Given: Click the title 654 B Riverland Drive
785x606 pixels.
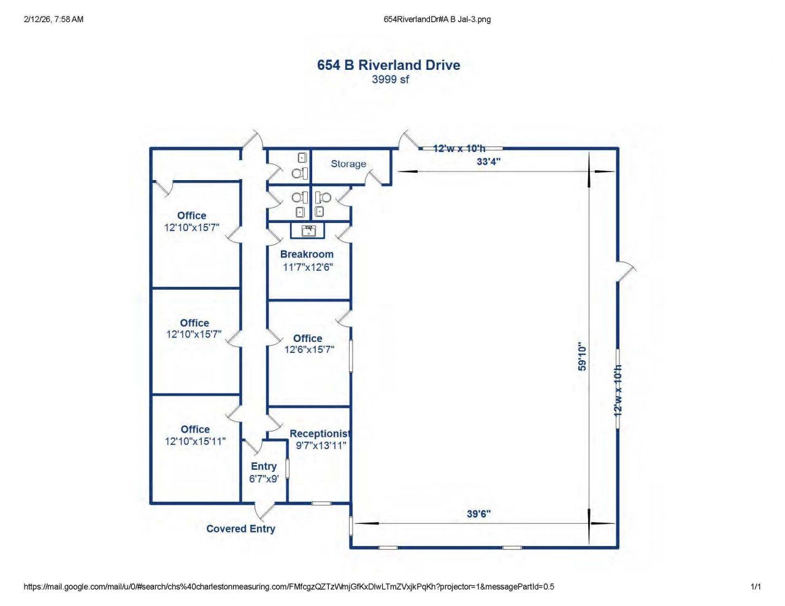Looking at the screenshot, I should click(x=388, y=65).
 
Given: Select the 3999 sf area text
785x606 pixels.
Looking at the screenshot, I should click(x=390, y=80).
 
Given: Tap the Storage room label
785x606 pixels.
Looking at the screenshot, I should click(x=348, y=164).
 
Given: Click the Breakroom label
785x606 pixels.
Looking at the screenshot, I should click(x=307, y=254).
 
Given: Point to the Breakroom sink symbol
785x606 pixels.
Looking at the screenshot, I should click(x=308, y=230).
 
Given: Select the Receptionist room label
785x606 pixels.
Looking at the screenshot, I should click(x=320, y=434).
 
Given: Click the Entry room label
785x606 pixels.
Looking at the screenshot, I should click(x=264, y=466).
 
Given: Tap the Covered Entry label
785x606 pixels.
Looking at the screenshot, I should click(x=240, y=529).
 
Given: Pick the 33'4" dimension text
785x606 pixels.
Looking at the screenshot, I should click(x=488, y=162).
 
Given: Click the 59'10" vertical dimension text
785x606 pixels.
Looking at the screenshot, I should click(x=583, y=357).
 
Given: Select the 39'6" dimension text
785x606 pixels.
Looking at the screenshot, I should click(x=478, y=514).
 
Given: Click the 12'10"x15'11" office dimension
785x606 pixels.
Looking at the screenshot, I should click(x=195, y=441).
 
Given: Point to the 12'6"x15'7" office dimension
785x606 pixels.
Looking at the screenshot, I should click(x=309, y=350).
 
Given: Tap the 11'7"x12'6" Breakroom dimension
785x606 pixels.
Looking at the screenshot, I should click(x=308, y=267).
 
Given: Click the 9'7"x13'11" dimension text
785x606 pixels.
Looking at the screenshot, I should click(x=321, y=445).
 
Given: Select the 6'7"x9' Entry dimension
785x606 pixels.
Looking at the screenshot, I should click(x=264, y=479).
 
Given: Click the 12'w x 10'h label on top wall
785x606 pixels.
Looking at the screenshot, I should click(x=459, y=148).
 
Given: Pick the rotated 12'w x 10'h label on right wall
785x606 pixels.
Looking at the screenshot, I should click(x=618, y=391).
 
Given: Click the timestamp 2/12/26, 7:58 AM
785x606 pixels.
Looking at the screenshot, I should click(x=53, y=20).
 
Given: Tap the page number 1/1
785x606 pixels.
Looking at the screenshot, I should click(x=756, y=587).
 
